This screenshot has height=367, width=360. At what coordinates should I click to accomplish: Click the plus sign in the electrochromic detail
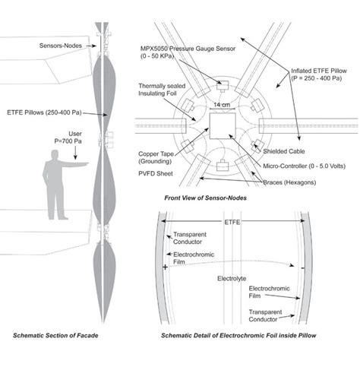point(165,267)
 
